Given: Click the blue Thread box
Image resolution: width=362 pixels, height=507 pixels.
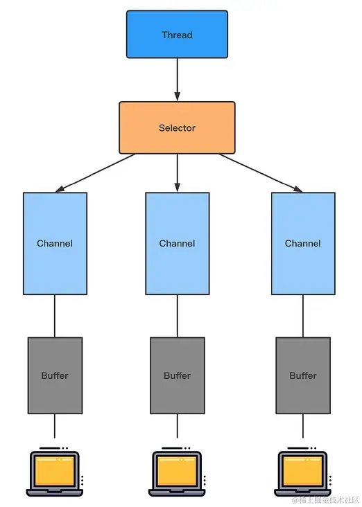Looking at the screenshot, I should (177, 35).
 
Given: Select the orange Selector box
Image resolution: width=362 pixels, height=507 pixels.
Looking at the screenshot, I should (177, 128).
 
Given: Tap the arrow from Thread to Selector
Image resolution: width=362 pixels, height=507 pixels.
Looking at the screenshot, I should (177, 79).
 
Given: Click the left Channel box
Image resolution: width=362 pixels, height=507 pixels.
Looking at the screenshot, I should (55, 243).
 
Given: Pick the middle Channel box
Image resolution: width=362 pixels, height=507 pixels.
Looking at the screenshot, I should (177, 243).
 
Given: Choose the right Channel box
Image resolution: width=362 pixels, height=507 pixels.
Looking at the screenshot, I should (303, 243).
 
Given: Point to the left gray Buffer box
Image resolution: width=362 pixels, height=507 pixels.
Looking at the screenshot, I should (55, 375).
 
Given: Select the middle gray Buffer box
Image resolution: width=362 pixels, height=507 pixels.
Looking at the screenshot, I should (177, 375).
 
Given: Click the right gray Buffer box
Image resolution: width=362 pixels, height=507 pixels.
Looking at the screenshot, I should (303, 375).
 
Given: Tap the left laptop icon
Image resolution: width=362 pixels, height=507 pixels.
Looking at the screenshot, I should (55, 473).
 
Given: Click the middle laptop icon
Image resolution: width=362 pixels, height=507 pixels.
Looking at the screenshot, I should (177, 473).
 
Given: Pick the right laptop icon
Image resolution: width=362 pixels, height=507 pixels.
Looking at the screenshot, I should (303, 473).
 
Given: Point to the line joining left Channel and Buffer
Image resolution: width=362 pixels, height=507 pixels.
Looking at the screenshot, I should (55, 316).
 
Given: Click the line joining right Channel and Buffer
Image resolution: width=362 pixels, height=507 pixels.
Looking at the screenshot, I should (303, 316).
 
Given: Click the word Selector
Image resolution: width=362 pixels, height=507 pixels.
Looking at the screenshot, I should (177, 128).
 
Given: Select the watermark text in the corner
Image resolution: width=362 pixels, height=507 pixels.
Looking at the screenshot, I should (325, 499).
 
